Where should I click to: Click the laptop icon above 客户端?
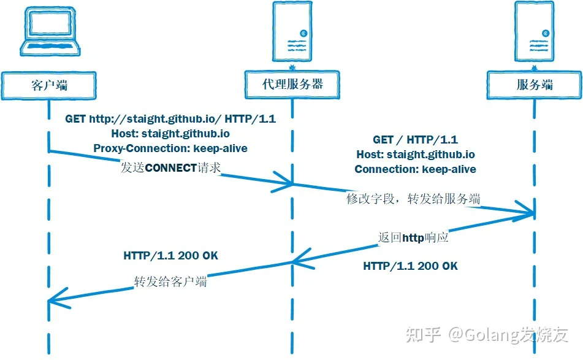tap(50, 32)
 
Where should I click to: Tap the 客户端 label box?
tap(48, 86)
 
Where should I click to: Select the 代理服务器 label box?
tap(292, 85)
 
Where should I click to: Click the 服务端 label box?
tap(535, 85)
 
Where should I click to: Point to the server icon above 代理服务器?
tap(292, 31)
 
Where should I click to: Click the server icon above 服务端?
tap(535, 31)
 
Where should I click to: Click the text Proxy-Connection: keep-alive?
tap(170, 148)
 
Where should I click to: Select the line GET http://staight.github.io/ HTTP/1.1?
tap(170, 119)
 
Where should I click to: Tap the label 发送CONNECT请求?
tap(170, 167)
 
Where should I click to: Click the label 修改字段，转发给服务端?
tap(413, 199)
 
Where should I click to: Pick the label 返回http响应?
tap(413, 237)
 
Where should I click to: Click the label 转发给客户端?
tap(170, 281)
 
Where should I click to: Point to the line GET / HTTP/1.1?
tap(415, 140)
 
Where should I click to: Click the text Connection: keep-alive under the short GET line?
tap(415, 169)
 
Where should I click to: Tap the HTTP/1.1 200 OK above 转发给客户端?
tap(170, 256)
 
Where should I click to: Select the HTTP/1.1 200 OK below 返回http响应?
tap(411, 266)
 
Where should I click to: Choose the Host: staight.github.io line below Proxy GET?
tap(170, 134)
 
